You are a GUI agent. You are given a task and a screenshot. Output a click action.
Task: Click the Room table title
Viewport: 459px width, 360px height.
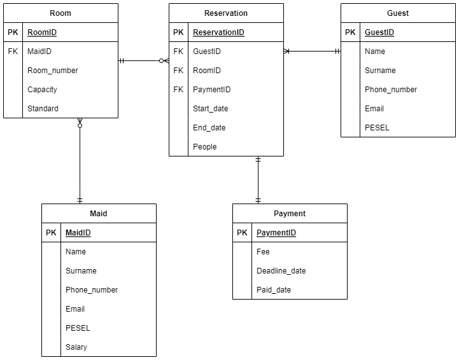tap(60, 13)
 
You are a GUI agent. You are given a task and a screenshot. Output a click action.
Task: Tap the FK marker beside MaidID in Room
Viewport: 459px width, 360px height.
tap(13, 52)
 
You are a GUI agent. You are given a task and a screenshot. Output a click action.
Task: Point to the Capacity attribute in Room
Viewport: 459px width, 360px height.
tap(42, 90)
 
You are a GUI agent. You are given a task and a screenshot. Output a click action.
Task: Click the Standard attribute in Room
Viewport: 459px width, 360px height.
tap(43, 109)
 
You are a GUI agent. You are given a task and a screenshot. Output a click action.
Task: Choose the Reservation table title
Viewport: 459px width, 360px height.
tap(226, 13)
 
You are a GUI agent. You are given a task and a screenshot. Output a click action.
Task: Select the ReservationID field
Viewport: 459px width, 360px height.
tap(218, 32)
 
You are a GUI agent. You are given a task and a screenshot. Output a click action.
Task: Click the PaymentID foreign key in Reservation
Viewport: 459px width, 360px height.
tap(211, 90)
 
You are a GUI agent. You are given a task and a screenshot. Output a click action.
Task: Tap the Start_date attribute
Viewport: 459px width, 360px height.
tap(210, 109)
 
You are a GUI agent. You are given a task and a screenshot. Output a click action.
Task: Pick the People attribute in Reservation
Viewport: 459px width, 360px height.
tap(204, 147)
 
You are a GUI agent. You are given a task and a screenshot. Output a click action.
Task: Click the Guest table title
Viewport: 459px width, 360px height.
tap(398, 13)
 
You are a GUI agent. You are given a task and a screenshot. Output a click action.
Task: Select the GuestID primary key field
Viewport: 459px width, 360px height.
tap(379, 32)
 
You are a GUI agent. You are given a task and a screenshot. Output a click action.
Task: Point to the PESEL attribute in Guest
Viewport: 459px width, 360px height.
tap(377, 128)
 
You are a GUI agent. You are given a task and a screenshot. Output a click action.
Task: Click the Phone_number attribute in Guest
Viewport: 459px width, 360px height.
tap(391, 90)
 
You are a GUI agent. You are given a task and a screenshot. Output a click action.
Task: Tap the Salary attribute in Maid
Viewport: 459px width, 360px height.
tap(76, 347)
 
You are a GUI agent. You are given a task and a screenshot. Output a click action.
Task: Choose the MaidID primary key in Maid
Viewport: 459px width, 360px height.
tap(78, 233)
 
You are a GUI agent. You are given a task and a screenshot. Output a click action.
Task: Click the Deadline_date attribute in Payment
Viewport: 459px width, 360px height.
tap(281, 271)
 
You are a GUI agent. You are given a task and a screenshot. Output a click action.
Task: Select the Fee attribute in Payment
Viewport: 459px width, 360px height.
tap(263, 252)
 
